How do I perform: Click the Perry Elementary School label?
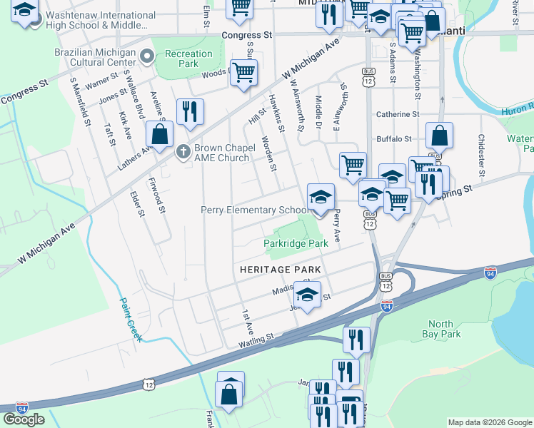click(254, 210)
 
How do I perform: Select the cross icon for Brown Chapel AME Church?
click(183, 151)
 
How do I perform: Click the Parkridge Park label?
click(296, 243)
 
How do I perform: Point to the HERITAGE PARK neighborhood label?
click(280, 270)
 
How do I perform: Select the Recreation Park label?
click(188, 58)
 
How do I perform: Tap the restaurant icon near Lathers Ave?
click(189, 112)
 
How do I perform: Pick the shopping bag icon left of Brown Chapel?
click(160, 133)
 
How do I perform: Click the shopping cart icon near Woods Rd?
click(243, 73)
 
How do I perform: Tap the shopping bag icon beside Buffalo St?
click(440, 136)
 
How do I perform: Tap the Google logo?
click(24, 419)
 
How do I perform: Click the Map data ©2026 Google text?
click(490, 422)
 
